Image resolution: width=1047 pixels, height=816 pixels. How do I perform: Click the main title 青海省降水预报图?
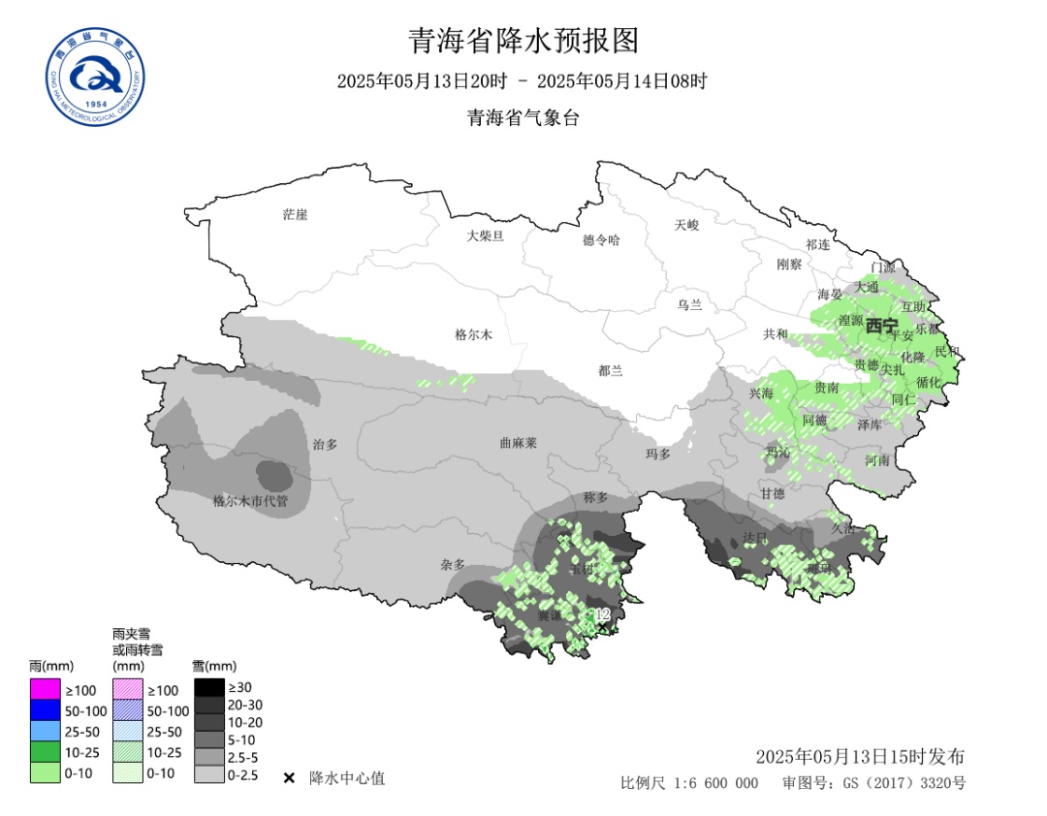click(523, 41)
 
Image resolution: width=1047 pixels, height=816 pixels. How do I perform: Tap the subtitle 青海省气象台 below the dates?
click(523, 118)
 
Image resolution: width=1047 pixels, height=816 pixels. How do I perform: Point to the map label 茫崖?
click(295, 214)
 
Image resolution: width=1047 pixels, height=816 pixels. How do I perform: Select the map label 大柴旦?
click(485, 235)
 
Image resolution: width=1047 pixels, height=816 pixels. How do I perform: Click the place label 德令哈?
click(600, 239)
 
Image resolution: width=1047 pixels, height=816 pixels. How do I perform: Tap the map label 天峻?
click(686, 225)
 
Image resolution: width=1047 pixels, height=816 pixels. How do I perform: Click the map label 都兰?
click(611, 370)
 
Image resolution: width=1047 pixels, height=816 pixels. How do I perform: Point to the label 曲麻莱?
click(518, 442)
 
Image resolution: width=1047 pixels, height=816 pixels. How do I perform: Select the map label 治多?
click(325, 444)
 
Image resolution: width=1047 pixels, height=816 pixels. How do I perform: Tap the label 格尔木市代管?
click(250, 501)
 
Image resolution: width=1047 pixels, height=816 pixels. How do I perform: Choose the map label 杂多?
click(453, 564)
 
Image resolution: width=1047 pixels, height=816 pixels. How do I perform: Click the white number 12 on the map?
click(602, 614)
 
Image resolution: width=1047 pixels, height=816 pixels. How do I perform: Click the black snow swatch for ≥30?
click(208, 687)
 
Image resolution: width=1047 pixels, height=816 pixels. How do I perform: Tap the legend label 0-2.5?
click(242, 775)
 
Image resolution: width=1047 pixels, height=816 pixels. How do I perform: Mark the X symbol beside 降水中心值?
click(289, 778)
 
